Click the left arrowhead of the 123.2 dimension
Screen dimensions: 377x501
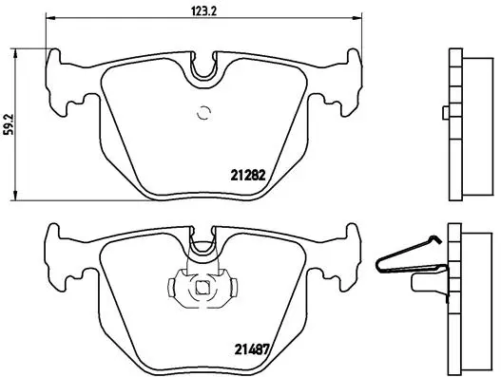(x=51, y=20)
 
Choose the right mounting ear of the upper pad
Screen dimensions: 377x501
(x=339, y=80)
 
